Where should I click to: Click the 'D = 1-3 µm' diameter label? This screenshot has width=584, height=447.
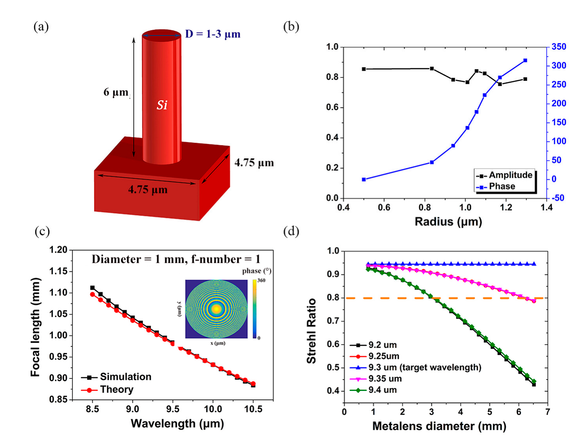coord(213,34)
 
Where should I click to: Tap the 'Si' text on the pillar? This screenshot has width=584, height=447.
coord(162,105)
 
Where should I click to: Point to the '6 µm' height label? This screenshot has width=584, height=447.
coord(116,92)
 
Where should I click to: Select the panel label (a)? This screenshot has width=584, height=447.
coord(41,27)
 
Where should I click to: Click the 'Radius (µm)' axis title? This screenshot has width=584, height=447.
coord(448,222)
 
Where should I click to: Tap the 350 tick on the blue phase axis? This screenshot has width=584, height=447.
coord(558,47)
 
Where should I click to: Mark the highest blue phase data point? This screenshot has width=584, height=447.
coord(525,60)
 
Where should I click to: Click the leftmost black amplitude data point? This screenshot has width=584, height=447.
coord(364,69)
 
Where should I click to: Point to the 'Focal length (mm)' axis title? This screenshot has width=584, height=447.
coord(35,327)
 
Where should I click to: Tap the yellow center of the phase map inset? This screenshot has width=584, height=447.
coord(216,309)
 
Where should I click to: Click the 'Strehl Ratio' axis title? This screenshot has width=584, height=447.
coord(312,331)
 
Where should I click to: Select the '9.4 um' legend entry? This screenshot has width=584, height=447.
coord(382,390)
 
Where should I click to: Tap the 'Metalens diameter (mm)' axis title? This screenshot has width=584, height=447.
coord(439,426)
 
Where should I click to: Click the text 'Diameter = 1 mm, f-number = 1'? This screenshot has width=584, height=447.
coord(176,259)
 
